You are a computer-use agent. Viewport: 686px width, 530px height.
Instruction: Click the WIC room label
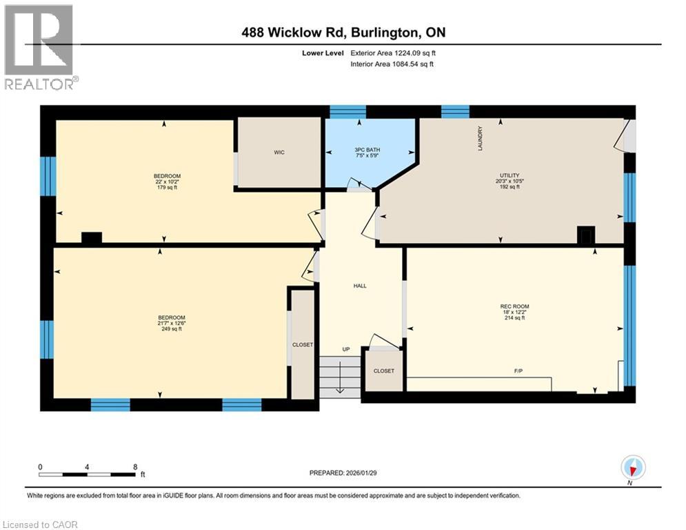(279, 153)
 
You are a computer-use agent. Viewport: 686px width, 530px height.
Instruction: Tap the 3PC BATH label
(367, 150)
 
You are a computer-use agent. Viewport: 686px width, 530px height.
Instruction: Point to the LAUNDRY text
(481, 138)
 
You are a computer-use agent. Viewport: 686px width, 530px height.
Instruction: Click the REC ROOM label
(514, 306)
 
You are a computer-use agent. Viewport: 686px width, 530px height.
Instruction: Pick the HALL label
(359, 286)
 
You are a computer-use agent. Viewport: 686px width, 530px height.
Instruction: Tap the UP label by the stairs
(346, 349)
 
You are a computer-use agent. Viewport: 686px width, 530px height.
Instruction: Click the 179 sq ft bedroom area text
(167, 187)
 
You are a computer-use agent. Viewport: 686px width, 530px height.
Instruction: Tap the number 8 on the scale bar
(134, 467)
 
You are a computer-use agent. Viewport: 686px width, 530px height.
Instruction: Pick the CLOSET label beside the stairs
(384, 371)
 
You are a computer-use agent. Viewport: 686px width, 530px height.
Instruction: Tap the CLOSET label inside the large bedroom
(302, 344)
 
